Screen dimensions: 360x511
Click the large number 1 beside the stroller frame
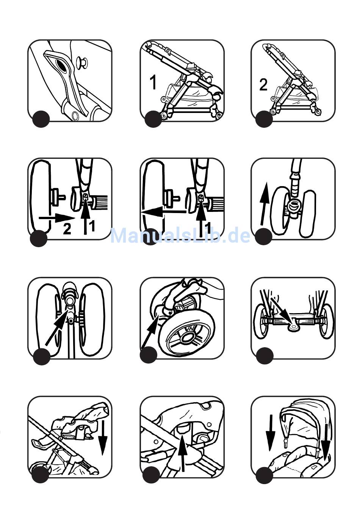tap(153, 82)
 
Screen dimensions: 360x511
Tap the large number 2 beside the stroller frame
tap(263, 85)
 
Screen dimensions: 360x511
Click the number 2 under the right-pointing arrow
tap(67, 229)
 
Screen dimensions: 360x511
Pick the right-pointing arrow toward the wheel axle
tap(57, 218)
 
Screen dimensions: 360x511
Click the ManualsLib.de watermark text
tap(180, 236)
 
